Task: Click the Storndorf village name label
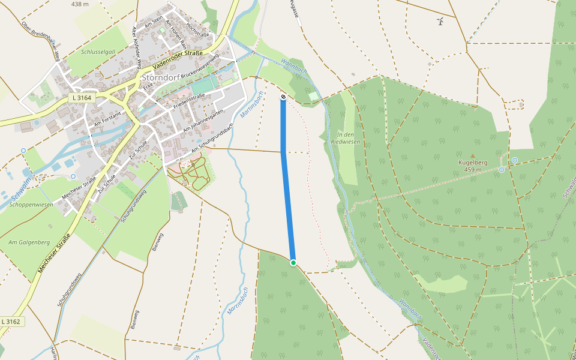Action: pos(166,77)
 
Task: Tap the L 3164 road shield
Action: pos(82,97)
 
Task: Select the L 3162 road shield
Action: pos(11,322)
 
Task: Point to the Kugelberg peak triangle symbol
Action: pos(472,156)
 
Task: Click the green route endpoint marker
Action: pos(293,263)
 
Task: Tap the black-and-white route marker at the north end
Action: pos(283,97)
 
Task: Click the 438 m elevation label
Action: pos(79,4)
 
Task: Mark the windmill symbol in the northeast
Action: pos(440,22)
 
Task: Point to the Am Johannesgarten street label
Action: pos(204,120)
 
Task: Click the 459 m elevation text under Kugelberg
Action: pos(473,170)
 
